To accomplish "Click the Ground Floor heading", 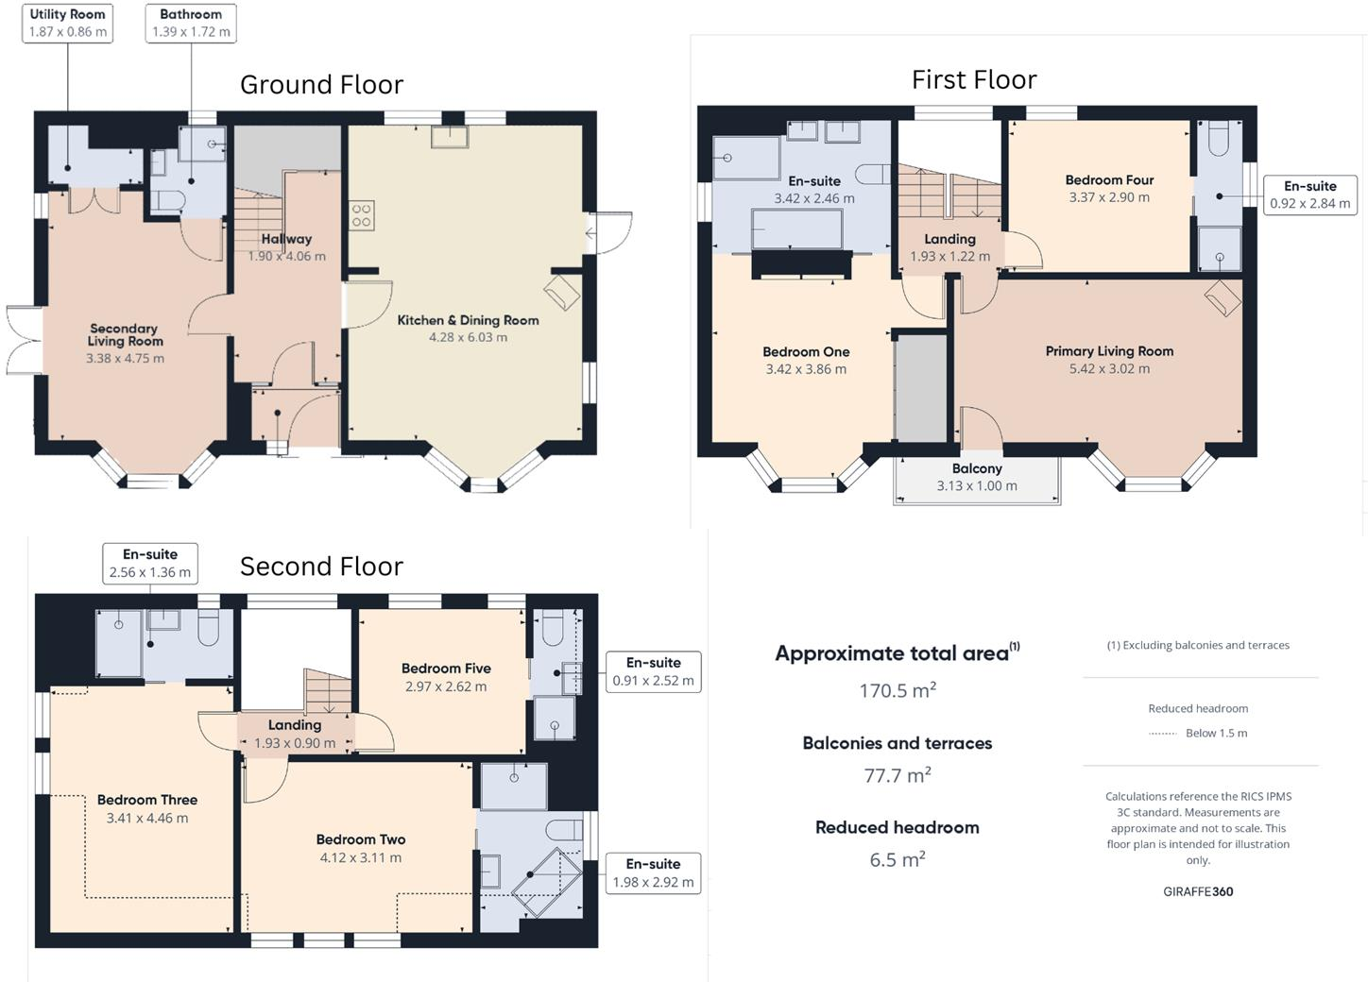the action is pyautogui.click(x=322, y=85).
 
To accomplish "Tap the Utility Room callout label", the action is pyautogui.click(x=67, y=24).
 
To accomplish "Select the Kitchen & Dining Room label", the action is pyautogui.click(x=469, y=320).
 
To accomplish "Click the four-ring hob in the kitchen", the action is pyautogui.click(x=362, y=216).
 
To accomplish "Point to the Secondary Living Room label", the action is pyautogui.click(x=126, y=335).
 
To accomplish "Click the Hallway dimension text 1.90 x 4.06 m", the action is pyautogui.click(x=287, y=256).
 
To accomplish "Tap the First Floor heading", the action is pyautogui.click(x=974, y=80).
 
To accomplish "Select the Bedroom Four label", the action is pyautogui.click(x=1110, y=180).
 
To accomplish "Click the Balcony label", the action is pyautogui.click(x=977, y=468).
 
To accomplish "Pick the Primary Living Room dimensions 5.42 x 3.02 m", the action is pyautogui.click(x=1110, y=368).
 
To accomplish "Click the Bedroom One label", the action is pyautogui.click(x=806, y=352).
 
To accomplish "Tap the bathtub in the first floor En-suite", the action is pyautogui.click(x=797, y=229).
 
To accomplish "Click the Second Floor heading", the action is pyautogui.click(x=322, y=567).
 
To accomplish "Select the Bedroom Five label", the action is pyautogui.click(x=447, y=669).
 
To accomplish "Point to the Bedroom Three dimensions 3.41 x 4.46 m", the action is pyautogui.click(x=147, y=818).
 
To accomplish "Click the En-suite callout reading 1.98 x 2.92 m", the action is pyautogui.click(x=654, y=873).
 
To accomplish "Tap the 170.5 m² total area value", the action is pyautogui.click(x=898, y=690).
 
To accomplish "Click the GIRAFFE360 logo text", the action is pyautogui.click(x=1198, y=891).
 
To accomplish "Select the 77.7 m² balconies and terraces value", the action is pyautogui.click(x=898, y=775).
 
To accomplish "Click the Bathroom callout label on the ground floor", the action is pyautogui.click(x=191, y=24).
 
